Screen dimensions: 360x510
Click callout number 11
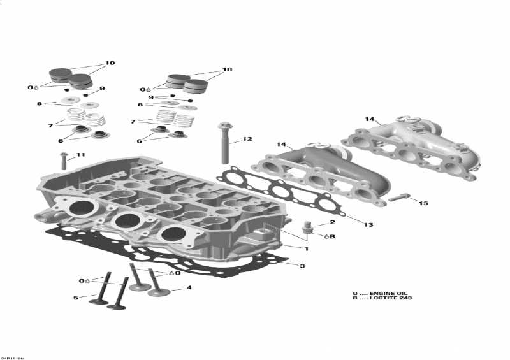coord(80,155)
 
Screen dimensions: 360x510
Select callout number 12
coord(247,139)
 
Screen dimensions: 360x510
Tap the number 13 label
coord(368,225)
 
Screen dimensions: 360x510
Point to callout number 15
coord(424,203)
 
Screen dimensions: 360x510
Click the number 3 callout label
coord(302,266)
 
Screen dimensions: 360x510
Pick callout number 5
coord(75,298)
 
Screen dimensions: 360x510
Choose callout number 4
coord(189,287)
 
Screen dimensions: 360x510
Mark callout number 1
coord(306,248)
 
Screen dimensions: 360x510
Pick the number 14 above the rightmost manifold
coord(369,119)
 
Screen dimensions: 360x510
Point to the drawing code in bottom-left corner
coord(12,356)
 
